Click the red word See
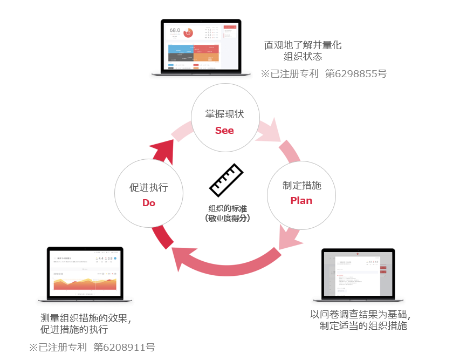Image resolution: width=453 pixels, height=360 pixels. click(x=224, y=131)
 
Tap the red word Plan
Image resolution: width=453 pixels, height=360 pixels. click(x=301, y=200)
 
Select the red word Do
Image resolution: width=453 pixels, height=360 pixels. click(x=149, y=203)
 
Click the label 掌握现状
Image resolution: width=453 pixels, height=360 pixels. click(x=224, y=114)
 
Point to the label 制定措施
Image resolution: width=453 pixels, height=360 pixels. click(x=301, y=185)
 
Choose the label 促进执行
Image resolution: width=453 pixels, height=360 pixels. click(x=149, y=187)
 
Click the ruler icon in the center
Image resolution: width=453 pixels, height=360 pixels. click(x=224, y=180)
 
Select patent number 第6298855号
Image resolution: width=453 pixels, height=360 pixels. click(x=356, y=73)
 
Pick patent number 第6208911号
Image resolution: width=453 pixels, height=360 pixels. click(x=124, y=347)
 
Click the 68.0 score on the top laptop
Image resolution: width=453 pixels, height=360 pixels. click(x=175, y=31)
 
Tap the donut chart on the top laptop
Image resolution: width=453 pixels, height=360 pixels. click(x=188, y=32)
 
